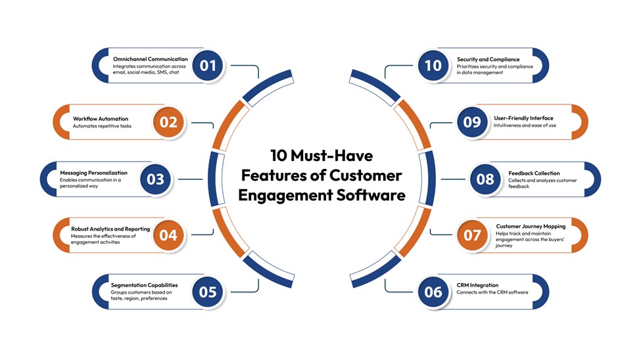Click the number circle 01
coord(208,65)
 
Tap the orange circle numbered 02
coord(168,122)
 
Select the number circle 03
coord(156,179)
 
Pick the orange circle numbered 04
coord(168,235)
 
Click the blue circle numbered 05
coord(208,291)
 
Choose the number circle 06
coord(433,292)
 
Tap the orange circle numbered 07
coord(472,235)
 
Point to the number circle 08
coord(486,179)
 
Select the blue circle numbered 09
coord(472,122)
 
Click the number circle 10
coord(433,65)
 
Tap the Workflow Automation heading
coord(101,119)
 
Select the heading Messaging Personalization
coord(93,173)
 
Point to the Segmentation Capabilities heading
coord(145,285)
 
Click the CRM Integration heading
coord(478,285)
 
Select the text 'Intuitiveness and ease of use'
coord(525,125)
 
